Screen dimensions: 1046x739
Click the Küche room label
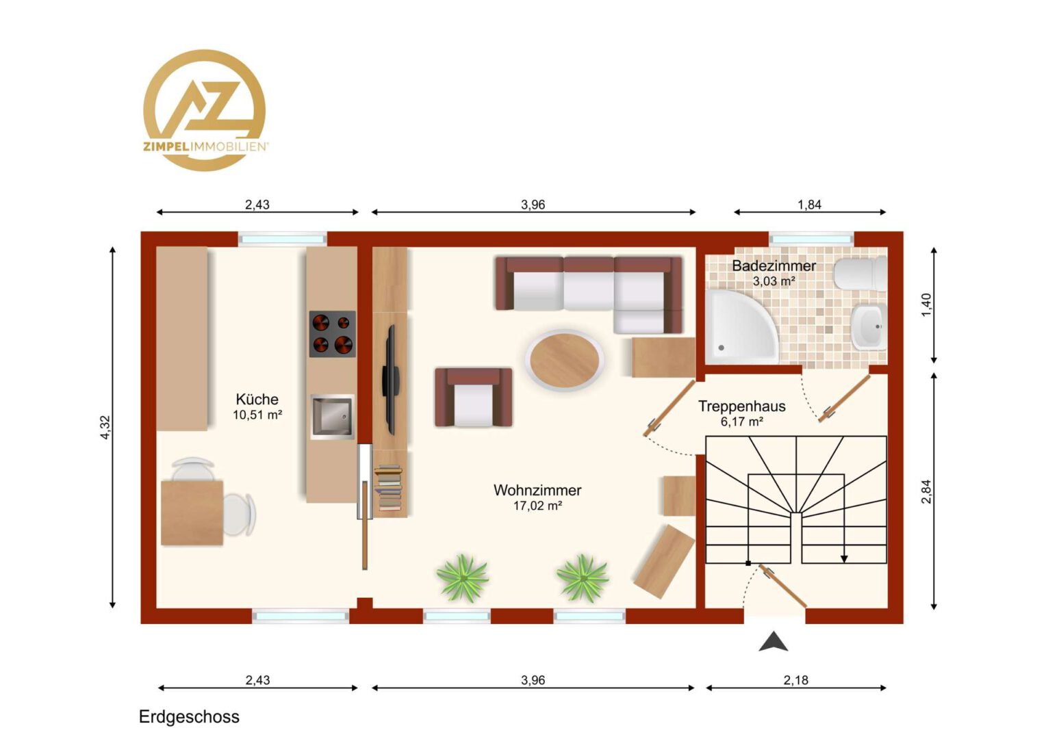pos(257,399)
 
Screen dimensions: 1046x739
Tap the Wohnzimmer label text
pos(537,490)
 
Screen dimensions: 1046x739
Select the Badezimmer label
pos(774,265)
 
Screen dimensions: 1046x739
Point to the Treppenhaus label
pos(741,406)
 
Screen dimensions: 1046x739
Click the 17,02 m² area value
pos(537,506)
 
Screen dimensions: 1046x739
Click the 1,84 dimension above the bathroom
pos(809,205)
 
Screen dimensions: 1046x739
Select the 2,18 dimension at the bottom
pos(795,680)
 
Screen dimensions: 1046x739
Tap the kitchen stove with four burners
pos(332,334)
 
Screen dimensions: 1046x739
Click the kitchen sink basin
pos(332,417)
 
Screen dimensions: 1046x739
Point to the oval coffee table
pos(564,360)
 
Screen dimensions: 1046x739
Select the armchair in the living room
pos(474,398)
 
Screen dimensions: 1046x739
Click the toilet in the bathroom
pos(860,274)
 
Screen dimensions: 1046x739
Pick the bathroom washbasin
pos(868,326)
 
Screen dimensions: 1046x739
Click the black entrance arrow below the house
pos(774,641)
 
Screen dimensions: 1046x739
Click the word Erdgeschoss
pos(189,716)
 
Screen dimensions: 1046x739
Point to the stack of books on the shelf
pos(388,487)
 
